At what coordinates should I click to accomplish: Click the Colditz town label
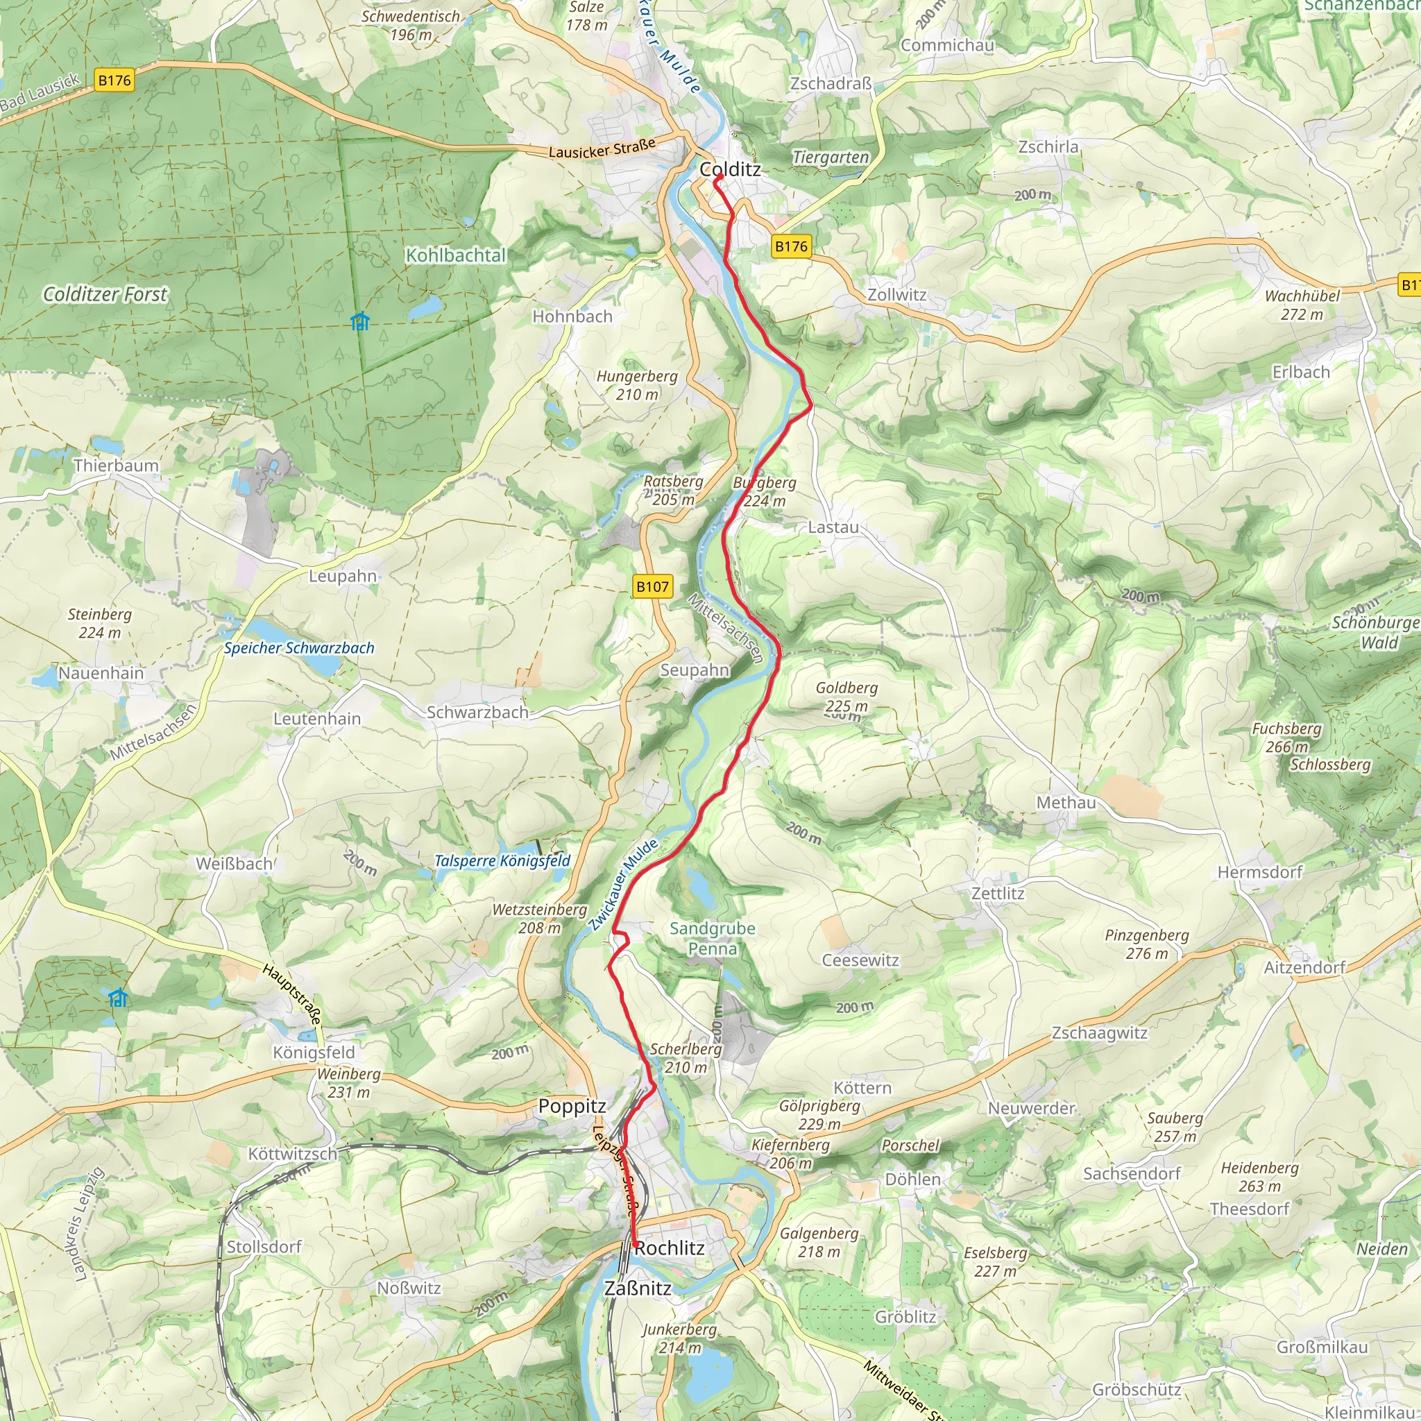(x=730, y=169)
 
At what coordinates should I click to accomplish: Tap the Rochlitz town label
(x=670, y=1248)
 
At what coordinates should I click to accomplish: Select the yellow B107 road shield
(x=652, y=586)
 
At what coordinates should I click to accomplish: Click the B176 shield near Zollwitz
(x=792, y=246)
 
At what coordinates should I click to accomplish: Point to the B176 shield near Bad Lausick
(x=114, y=80)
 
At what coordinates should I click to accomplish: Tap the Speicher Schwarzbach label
(x=299, y=648)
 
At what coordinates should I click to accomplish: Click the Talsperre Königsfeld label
(x=502, y=860)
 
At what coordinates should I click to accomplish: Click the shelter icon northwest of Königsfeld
(x=118, y=998)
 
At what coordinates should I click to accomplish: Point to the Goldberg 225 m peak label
(x=846, y=697)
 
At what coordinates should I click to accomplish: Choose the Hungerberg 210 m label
(x=637, y=384)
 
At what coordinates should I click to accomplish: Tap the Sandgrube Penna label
(x=712, y=938)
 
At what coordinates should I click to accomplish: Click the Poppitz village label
(x=572, y=1106)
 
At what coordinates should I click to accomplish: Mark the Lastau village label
(x=833, y=527)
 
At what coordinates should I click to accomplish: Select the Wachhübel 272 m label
(x=1302, y=305)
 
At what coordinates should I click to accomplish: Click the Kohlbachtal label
(x=456, y=255)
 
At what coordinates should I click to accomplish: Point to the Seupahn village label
(x=695, y=670)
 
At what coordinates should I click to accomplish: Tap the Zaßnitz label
(x=638, y=1288)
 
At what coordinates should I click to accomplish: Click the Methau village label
(x=1066, y=803)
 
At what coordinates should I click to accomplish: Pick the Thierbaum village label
(x=116, y=466)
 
